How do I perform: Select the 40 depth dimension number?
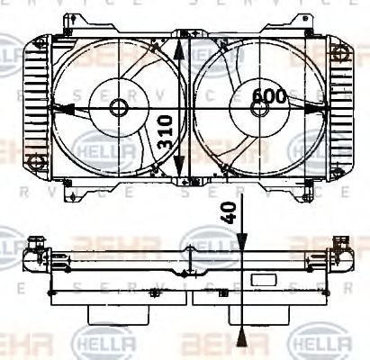(227, 213)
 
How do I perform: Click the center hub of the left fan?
(119, 107)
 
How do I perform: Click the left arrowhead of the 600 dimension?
(60, 108)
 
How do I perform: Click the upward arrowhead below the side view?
(241, 337)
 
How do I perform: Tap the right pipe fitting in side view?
(340, 244)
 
